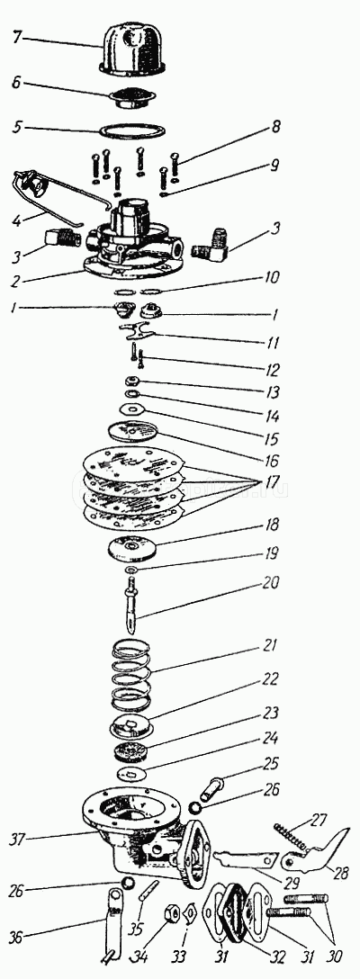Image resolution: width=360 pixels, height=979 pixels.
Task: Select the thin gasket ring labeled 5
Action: click(134, 130)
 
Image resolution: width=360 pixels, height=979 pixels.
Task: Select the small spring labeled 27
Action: click(292, 836)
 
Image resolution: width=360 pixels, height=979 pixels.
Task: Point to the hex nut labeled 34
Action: click(172, 915)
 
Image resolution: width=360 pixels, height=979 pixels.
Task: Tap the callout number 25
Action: click(271, 765)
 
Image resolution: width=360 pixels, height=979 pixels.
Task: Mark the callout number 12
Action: click(270, 370)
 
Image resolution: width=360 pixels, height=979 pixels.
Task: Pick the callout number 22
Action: click(270, 678)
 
